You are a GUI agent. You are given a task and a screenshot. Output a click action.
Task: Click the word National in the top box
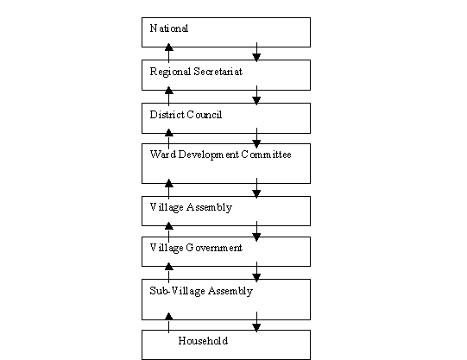click(x=169, y=28)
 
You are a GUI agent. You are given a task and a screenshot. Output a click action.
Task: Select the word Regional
click(x=170, y=72)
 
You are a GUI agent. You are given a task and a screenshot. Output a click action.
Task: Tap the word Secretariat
click(x=218, y=72)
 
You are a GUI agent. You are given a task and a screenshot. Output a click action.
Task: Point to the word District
click(x=167, y=115)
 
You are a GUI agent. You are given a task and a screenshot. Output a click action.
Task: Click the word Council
click(x=205, y=115)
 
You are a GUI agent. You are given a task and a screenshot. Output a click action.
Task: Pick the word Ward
click(x=162, y=155)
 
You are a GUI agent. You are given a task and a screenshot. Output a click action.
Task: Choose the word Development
click(x=209, y=155)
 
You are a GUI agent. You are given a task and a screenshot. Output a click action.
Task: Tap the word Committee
click(x=266, y=155)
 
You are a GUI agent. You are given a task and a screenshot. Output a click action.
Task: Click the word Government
click(x=214, y=248)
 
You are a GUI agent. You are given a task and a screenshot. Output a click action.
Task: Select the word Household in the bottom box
click(x=203, y=341)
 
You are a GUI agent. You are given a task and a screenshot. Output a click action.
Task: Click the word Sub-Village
click(x=177, y=291)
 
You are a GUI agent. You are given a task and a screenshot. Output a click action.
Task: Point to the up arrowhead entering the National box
click(x=169, y=47)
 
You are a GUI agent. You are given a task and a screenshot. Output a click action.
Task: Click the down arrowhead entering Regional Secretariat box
click(x=256, y=58)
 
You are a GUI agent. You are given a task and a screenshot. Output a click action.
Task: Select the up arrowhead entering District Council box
click(x=169, y=91)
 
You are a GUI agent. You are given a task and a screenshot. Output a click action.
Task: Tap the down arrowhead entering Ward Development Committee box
click(x=256, y=144)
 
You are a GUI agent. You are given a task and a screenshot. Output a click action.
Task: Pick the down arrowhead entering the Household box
click(x=256, y=328)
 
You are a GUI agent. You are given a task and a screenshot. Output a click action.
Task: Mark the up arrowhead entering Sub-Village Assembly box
click(x=169, y=267)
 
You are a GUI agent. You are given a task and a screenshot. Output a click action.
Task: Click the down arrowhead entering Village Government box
click(x=256, y=237)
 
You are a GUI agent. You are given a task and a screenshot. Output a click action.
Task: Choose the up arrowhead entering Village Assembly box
click(x=169, y=183)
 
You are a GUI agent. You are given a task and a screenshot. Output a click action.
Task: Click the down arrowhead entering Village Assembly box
click(x=256, y=194)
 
